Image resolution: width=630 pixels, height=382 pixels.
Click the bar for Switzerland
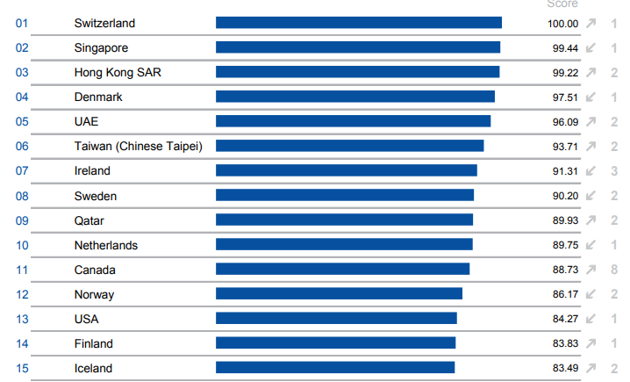pos(359,23)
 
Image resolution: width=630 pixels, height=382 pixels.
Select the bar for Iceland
pos(335,368)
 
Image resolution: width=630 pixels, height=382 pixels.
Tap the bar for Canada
pos(343,270)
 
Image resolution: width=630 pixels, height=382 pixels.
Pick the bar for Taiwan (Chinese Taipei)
pos(350,146)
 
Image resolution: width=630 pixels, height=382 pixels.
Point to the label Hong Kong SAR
pos(118,72)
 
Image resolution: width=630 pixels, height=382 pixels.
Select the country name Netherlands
pos(106,245)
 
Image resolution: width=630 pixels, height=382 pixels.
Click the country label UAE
pos(87,121)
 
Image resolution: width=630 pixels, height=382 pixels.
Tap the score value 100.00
pos(562,24)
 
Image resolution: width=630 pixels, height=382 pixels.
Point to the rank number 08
pos(23,196)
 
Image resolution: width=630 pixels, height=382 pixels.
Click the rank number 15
pos(23,368)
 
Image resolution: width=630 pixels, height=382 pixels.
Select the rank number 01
pos(23,23)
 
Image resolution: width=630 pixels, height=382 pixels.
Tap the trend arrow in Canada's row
pos(591,270)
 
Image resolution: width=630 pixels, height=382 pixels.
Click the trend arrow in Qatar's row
pos(591,220)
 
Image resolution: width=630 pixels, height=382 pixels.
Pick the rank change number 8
pos(614,270)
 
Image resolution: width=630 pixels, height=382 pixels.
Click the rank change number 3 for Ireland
pos(614,171)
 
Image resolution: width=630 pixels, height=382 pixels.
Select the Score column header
pos(562,4)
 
